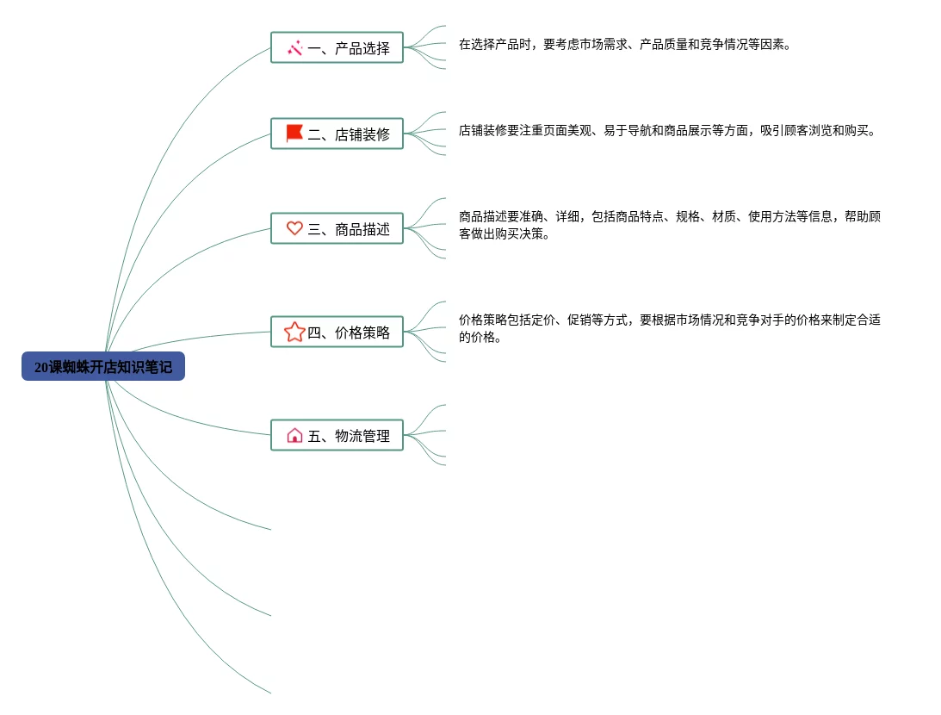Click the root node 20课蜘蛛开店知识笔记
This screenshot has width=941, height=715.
(x=103, y=367)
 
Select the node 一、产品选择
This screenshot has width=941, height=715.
(x=337, y=48)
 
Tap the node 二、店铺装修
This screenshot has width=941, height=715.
(x=337, y=134)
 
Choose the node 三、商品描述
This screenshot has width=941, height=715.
(x=337, y=229)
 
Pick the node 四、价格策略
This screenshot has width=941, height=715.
(x=337, y=333)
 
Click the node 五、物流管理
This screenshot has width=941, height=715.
(x=337, y=436)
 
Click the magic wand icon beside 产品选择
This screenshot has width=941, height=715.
(x=294, y=48)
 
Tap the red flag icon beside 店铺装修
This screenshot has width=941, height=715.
(x=294, y=134)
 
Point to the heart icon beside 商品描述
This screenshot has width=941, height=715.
(x=294, y=228)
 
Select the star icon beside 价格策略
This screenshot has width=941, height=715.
(x=294, y=332)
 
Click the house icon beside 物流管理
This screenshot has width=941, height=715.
(x=294, y=435)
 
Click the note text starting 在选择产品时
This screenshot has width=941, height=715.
(x=624, y=45)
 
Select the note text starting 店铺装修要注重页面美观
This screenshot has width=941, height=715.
(x=667, y=131)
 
